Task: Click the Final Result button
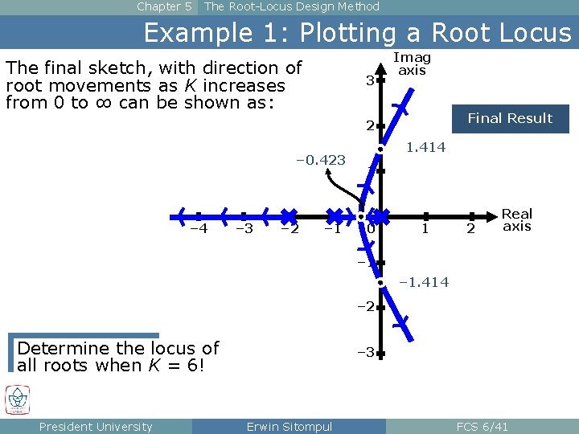pos(510,119)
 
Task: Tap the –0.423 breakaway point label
pos(321,160)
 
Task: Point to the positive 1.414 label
pos(425,148)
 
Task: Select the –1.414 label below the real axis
pos(423,282)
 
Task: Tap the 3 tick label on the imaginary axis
pos(369,80)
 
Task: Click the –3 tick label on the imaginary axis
pos(366,352)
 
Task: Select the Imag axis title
pos(412,63)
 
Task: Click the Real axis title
pos(517,219)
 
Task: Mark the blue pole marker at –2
pos(289,215)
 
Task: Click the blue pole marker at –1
pos(336,215)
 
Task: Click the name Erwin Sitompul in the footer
pos(289,426)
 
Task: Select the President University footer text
pos(96,426)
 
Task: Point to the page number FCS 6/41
pos(482,426)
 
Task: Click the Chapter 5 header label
pos(164,6)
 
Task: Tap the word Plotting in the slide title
pos(354,33)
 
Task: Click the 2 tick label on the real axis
pos(472,229)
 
